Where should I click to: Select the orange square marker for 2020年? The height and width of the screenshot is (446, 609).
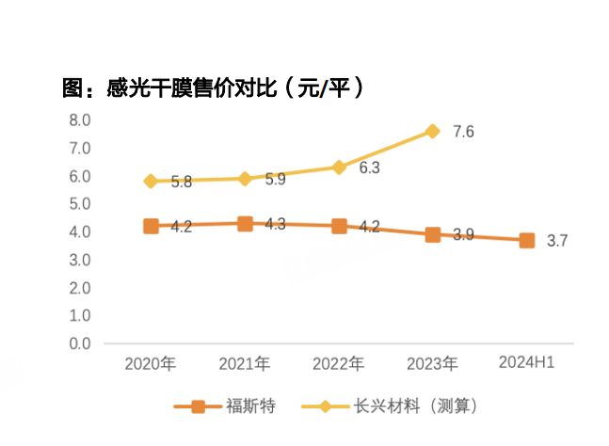pos(151,226)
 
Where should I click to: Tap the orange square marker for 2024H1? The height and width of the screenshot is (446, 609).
pos(527,241)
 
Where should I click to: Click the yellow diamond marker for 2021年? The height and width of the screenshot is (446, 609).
pos(245,178)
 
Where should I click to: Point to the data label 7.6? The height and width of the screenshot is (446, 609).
pos(463,132)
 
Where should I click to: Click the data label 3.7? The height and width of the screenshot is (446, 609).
pos(557,242)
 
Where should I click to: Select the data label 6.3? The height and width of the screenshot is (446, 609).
pos(369,168)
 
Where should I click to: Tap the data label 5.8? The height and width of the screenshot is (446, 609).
pos(182,182)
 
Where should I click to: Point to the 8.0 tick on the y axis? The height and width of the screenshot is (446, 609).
pos(79,120)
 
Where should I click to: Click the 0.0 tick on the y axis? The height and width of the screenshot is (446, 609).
pos(79,343)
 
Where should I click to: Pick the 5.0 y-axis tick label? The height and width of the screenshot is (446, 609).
pos(79,204)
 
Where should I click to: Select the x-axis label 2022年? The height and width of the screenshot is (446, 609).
pos(339,363)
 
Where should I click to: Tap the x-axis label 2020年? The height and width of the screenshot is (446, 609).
pos(151,363)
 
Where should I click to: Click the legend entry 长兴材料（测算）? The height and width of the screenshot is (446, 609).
pos(415,406)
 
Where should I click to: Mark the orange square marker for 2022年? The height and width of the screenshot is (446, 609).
pos(339,226)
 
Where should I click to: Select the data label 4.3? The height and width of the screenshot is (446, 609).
pos(275,226)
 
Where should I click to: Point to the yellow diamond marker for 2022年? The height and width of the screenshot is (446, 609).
pos(339,167)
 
